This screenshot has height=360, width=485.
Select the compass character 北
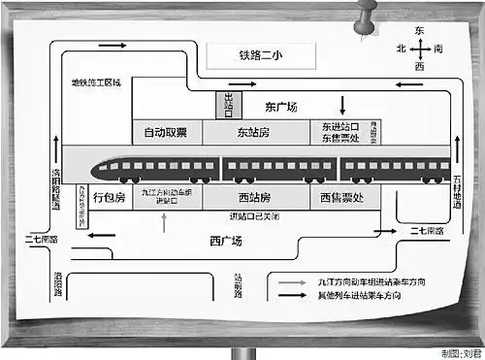(400, 48)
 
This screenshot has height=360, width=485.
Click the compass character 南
(438, 48)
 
